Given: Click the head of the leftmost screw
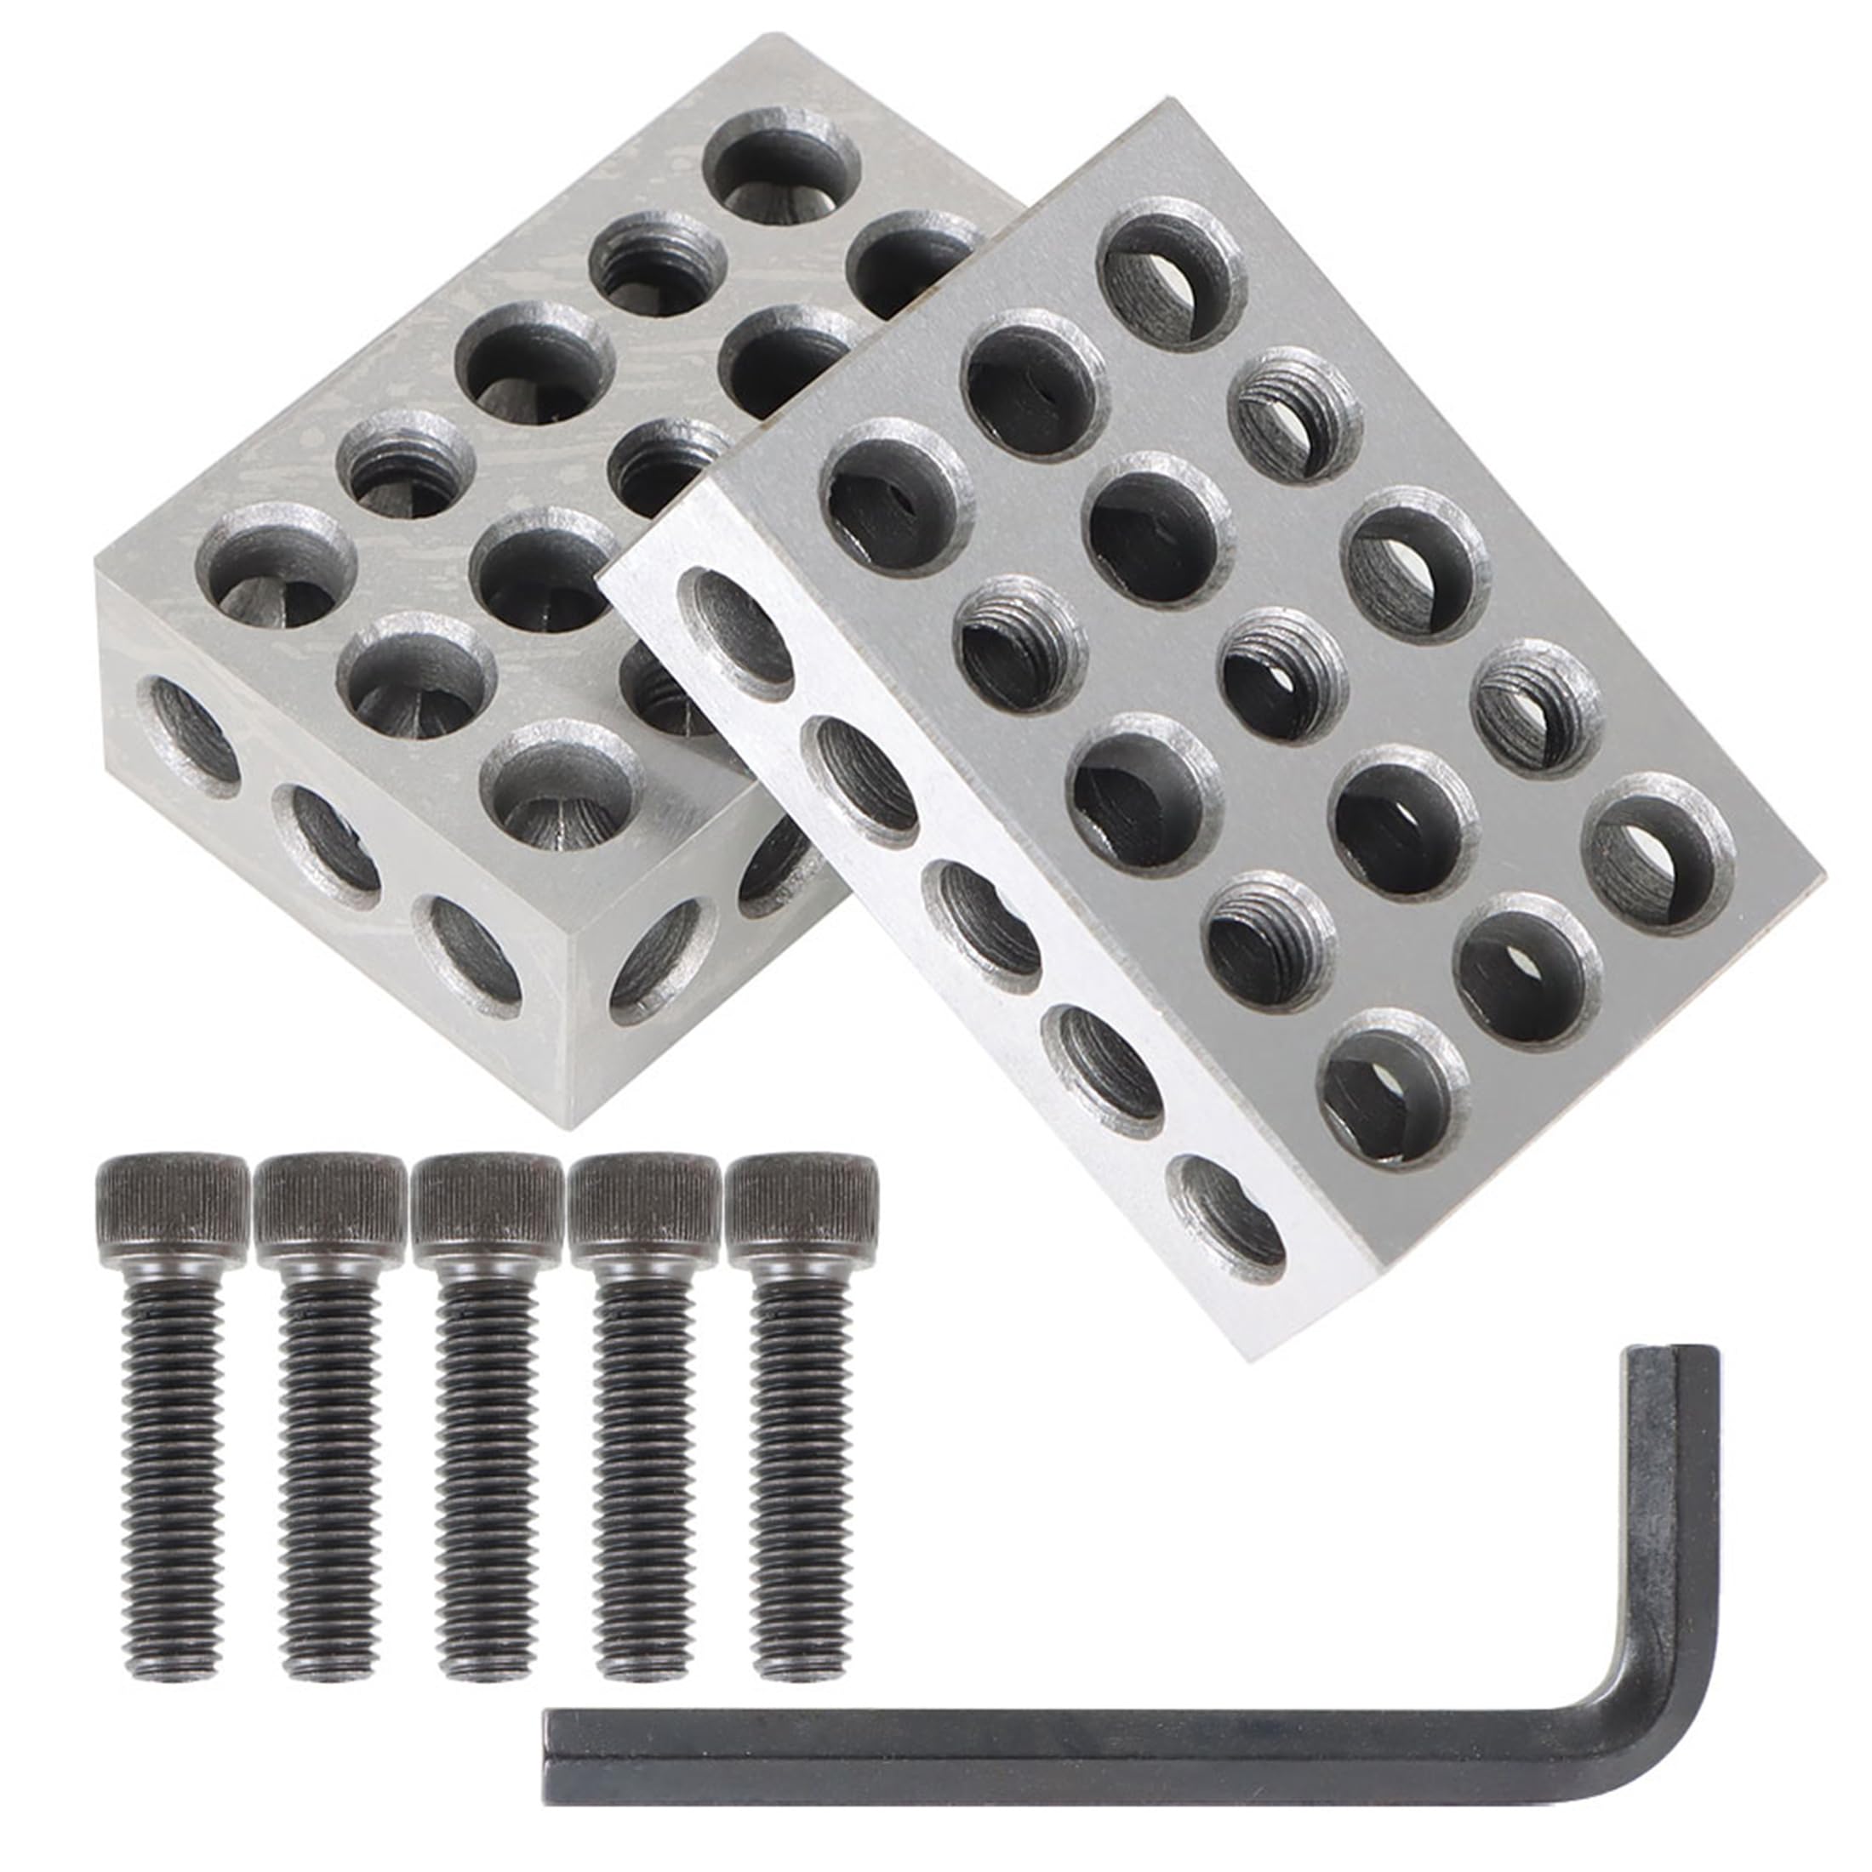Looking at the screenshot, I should [x=172, y=1206].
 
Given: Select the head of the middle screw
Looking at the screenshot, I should [x=487, y=1207].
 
